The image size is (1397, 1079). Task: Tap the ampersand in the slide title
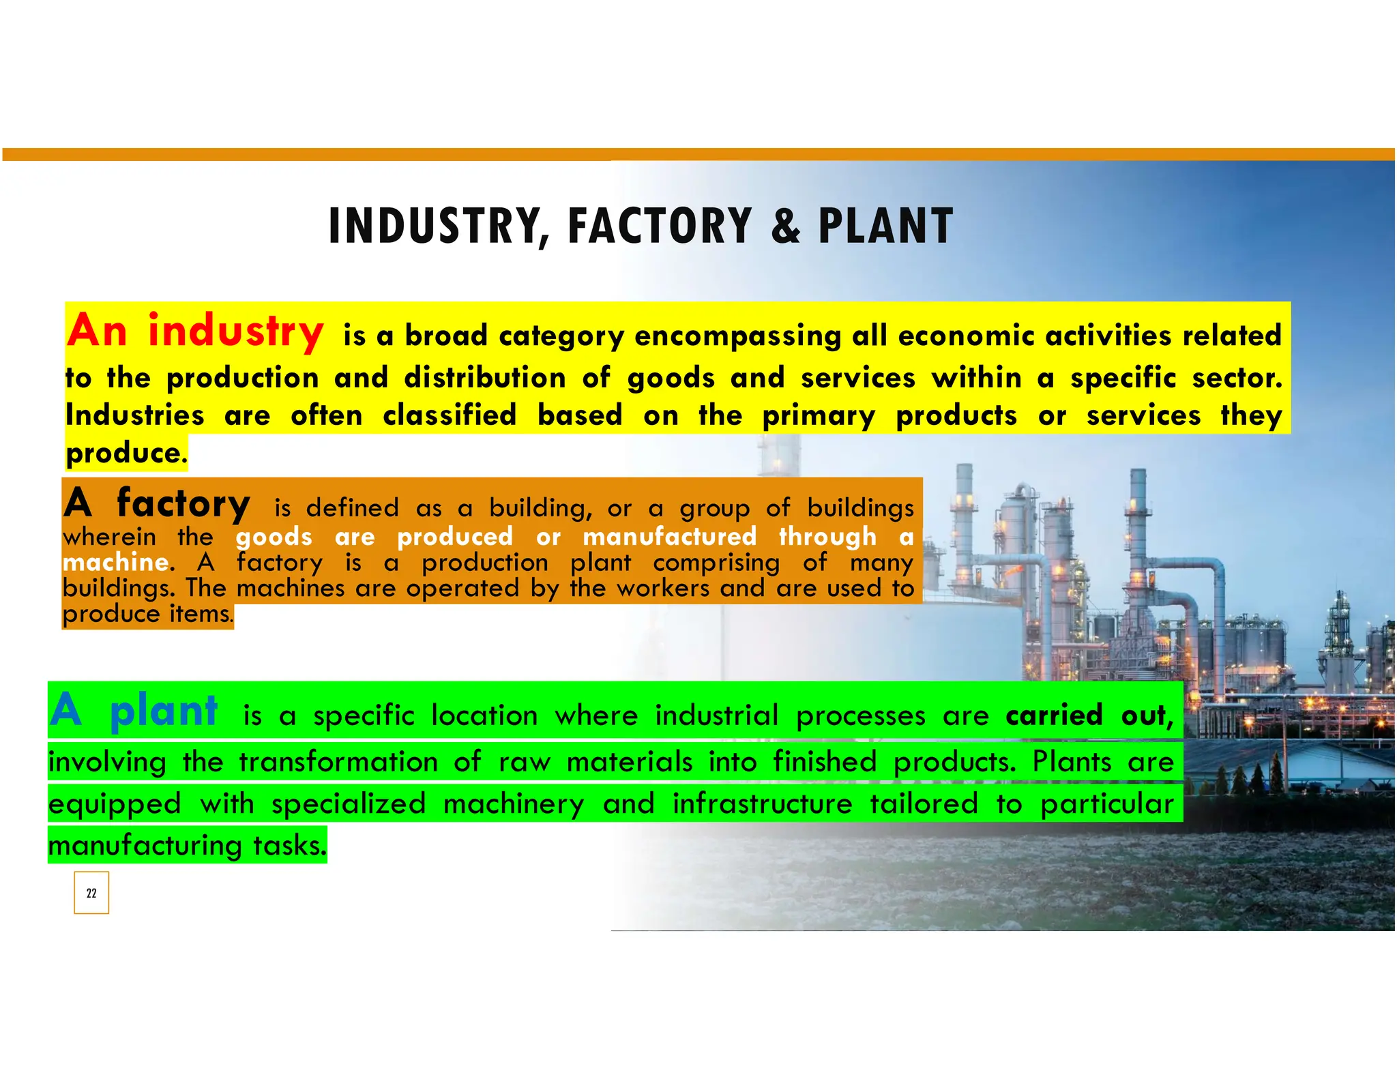click(x=785, y=226)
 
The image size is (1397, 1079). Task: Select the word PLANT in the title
click(x=885, y=226)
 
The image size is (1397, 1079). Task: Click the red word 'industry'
click(x=235, y=331)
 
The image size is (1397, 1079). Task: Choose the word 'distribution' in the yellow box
click(x=484, y=379)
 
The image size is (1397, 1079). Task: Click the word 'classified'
click(x=450, y=415)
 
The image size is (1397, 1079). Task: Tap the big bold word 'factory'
click(x=183, y=504)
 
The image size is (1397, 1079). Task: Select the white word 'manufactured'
click(x=669, y=537)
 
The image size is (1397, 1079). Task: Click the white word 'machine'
click(x=115, y=563)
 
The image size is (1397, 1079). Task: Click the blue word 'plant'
click(x=164, y=711)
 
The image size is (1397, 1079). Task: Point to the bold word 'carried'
click(x=1054, y=715)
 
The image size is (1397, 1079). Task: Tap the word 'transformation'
click(x=338, y=762)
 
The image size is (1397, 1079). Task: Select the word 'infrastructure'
click(x=762, y=804)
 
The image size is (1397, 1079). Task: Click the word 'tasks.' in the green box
click(x=290, y=846)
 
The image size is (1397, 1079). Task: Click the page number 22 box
click(x=91, y=893)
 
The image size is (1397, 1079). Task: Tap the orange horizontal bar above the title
click(x=698, y=154)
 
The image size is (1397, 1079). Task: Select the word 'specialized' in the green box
click(x=349, y=804)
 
